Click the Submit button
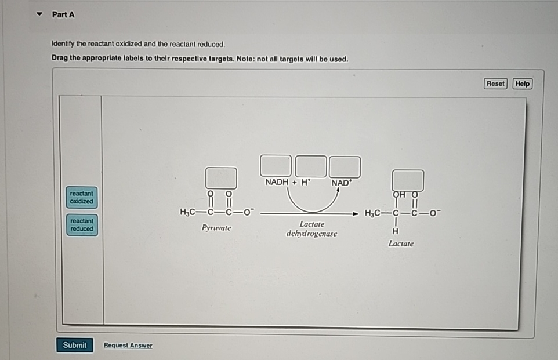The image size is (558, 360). (x=74, y=345)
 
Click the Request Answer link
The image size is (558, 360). (x=128, y=346)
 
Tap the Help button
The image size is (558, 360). (x=522, y=83)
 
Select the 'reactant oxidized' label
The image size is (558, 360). (x=81, y=197)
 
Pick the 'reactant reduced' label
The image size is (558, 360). (x=81, y=225)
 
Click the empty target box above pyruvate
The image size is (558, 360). (x=220, y=177)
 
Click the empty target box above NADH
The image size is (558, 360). (x=276, y=165)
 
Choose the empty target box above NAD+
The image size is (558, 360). (x=345, y=166)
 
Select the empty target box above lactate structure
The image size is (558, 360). (x=408, y=180)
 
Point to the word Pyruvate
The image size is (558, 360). (x=216, y=228)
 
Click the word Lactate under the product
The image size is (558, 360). (x=401, y=244)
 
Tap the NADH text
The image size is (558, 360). (x=277, y=182)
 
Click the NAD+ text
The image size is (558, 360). (x=340, y=183)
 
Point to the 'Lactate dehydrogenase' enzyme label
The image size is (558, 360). (x=311, y=228)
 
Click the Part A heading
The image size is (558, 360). (x=63, y=14)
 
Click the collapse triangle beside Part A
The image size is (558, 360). (x=39, y=14)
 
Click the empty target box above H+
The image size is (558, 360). (x=311, y=165)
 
